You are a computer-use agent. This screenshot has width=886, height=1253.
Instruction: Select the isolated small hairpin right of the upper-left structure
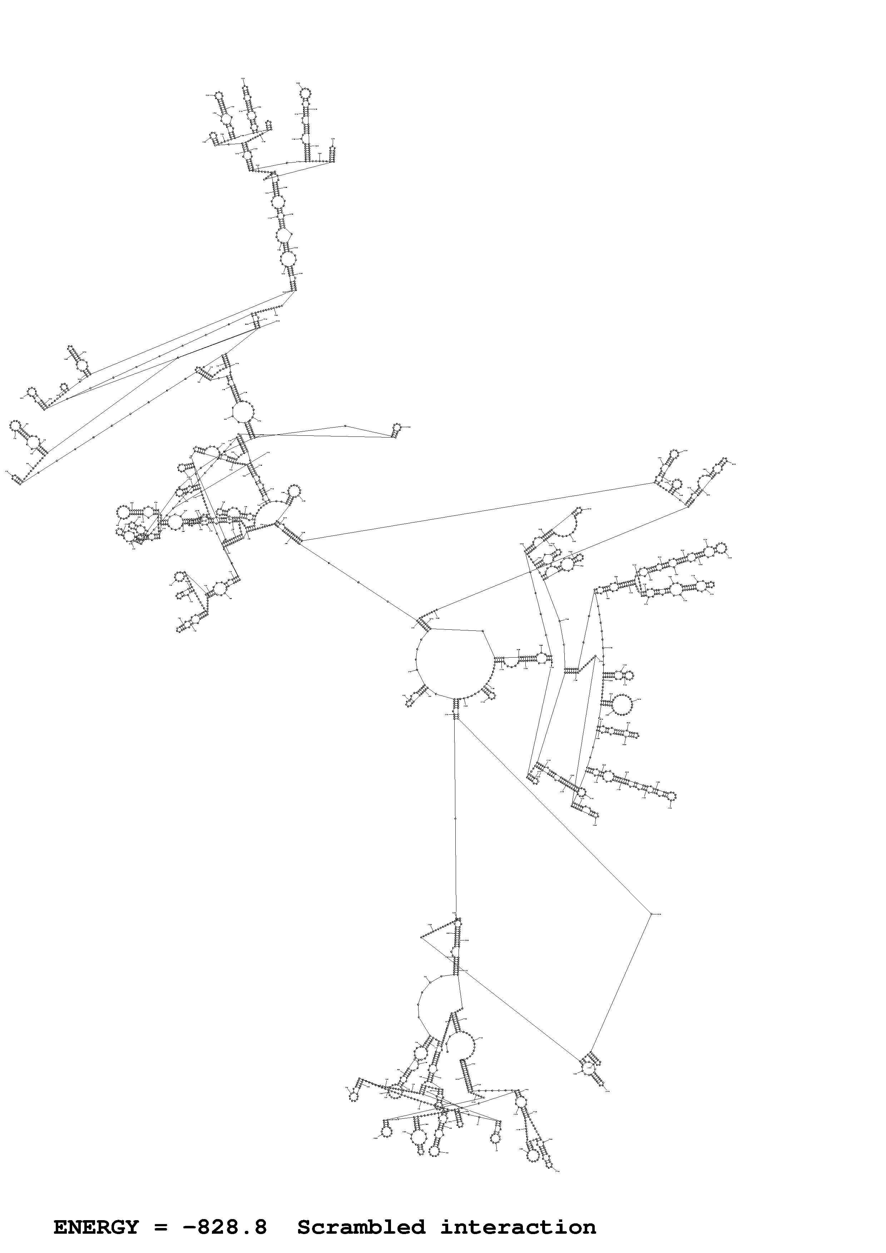click(397, 427)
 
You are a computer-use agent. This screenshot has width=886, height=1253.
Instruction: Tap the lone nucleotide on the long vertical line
click(455, 819)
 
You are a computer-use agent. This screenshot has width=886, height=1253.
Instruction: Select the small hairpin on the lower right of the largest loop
click(490, 694)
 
